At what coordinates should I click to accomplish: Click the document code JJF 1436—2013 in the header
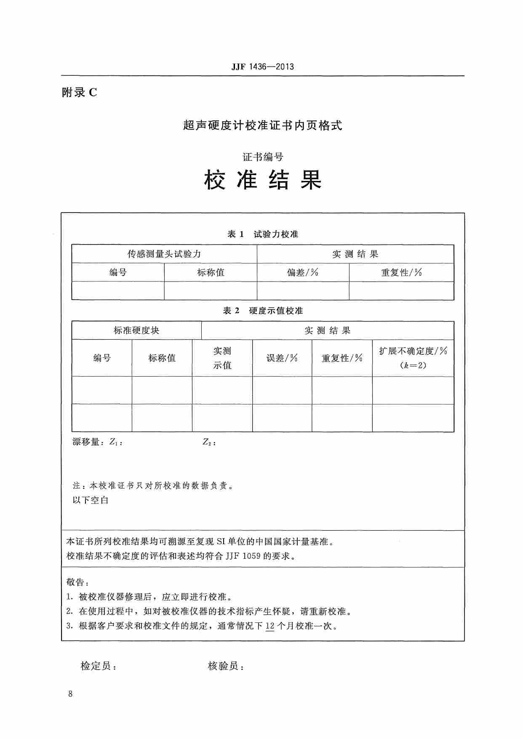262,66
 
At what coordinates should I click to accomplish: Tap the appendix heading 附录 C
80,93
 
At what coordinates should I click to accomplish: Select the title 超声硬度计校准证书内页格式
262,125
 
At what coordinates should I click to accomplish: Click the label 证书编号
263,157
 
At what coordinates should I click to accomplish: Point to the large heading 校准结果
263,180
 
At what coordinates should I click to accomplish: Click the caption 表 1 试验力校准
263,234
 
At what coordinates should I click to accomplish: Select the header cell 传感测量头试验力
164,254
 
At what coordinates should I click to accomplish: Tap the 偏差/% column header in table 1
303,273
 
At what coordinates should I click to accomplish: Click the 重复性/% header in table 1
401,273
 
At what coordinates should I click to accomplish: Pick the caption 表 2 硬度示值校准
263,311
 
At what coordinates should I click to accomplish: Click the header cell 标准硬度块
136,331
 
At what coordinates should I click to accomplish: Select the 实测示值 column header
222,358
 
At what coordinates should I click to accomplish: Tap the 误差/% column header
282,358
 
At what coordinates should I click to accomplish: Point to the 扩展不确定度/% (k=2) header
413,358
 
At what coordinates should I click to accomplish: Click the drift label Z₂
208,442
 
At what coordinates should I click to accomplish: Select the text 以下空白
91,500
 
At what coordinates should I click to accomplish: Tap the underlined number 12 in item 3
270,626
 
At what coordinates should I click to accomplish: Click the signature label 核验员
225,666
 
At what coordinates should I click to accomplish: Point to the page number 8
70,694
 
